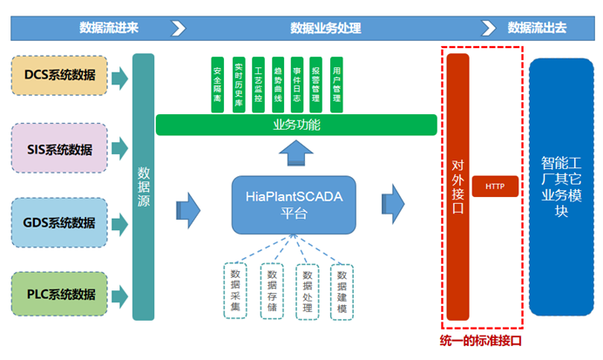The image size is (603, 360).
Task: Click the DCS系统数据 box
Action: (60, 76)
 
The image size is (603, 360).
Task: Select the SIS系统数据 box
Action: (60, 148)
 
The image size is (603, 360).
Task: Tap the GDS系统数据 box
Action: (60, 221)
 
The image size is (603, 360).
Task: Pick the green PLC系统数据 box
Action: (60, 294)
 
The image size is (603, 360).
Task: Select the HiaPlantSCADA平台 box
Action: (294, 206)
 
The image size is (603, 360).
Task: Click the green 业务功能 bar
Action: (296, 126)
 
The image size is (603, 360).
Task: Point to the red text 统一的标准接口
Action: (481, 341)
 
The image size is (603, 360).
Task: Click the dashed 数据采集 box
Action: (235, 290)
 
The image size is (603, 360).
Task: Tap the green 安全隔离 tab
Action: (217, 86)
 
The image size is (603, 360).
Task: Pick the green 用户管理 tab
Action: (336, 86)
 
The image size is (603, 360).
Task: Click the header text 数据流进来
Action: (109, 27)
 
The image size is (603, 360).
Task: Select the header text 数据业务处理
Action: (325, 27)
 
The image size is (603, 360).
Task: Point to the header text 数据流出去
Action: (537, 27)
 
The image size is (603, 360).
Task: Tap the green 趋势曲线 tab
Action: (276, 86)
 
